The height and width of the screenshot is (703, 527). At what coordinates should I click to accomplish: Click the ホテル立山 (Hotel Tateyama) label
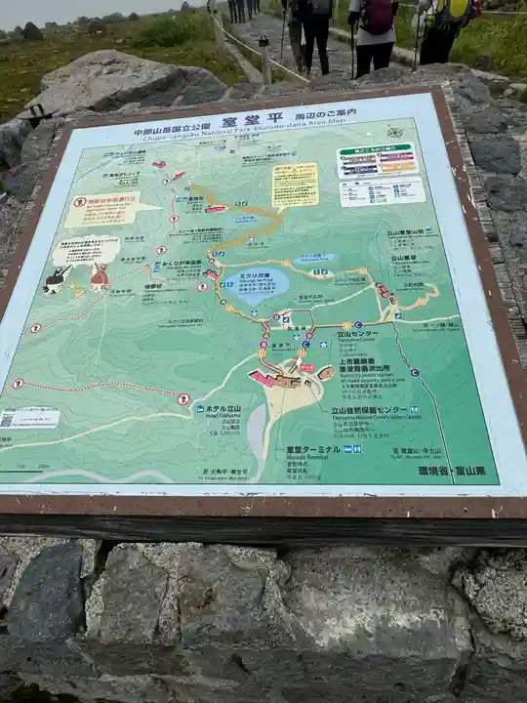(x=221, y=408)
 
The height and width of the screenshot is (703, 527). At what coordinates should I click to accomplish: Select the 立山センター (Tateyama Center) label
(x=357, y=334)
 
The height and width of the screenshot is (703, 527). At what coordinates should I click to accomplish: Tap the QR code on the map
(x=8, y=420)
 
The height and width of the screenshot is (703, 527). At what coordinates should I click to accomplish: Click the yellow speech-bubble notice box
(x=295, y=184)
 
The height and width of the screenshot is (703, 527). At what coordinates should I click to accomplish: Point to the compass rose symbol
(x=394, y=132)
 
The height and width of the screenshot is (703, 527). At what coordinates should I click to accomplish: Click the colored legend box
(x=377, y=160)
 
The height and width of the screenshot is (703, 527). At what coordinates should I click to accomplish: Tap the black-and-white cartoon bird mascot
(x=57, y=280)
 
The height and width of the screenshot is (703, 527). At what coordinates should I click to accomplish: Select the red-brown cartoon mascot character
(x=100, y=277)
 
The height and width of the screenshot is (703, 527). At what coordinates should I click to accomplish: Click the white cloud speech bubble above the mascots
(x=85, y=248)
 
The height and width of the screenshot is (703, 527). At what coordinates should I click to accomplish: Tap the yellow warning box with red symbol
(x=109, y=207)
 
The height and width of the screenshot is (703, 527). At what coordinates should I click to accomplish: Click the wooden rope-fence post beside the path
(x=265, y=61)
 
